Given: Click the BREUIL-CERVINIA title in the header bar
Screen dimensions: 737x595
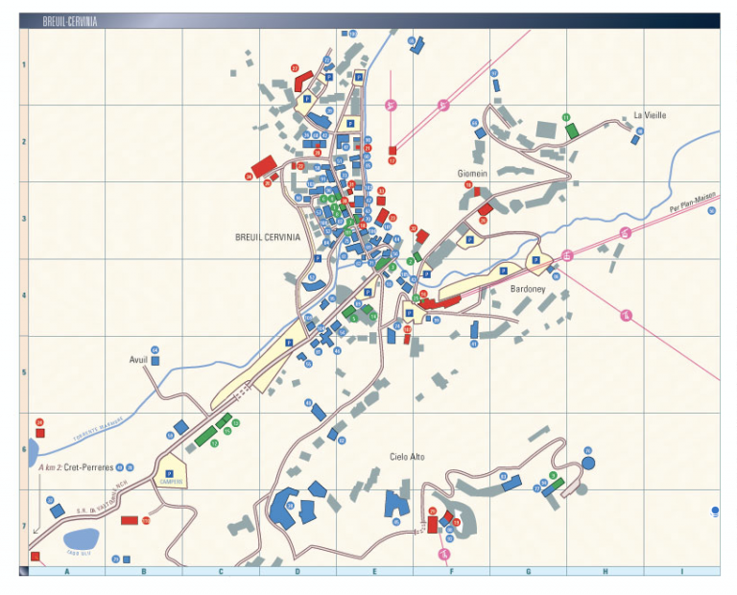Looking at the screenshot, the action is [70, 20].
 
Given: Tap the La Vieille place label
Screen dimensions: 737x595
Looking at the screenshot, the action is [650, 115].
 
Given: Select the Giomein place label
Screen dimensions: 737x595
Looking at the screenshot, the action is [472, 174].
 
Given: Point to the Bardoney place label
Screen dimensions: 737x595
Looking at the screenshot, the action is [527, 288].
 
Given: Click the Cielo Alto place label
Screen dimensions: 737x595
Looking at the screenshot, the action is [407, 457].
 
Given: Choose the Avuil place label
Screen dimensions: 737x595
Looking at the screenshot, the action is [139, 361].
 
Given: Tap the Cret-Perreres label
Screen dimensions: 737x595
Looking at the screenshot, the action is [89, 467].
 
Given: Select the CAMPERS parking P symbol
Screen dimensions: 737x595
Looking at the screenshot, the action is [171, 472].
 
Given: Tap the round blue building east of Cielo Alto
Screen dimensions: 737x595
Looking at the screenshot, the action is [588, 463].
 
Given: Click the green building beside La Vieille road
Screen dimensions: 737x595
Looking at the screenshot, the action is [572, 131].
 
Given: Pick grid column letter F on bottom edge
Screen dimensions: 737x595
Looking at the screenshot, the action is [451, 572].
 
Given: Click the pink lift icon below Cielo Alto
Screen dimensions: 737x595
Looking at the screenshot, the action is [444, 554].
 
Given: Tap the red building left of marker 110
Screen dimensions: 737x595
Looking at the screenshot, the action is [129, 520].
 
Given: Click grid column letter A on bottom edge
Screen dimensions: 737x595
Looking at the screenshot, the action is [67, 572].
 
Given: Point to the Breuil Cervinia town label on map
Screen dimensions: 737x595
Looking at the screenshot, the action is [267, 236].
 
